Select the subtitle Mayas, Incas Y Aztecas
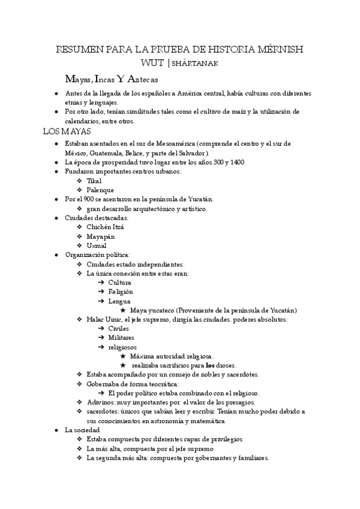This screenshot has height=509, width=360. click(112, 79)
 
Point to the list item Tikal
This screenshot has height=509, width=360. click(94, 181)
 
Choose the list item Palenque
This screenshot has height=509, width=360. click(100, 190)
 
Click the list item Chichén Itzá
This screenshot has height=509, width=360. click(106, 227)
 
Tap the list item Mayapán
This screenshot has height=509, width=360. click(101, 236)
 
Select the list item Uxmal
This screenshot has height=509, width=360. click(97, 245)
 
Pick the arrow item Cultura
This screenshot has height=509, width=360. click(119, 283)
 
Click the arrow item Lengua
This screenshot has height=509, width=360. click(119, 301)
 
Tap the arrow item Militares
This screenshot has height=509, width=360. click(121, 338)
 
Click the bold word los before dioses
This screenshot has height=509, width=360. click(210, 366)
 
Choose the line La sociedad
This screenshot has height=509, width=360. click(83, 430)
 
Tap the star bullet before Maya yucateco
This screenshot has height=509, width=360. click(122, 310)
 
